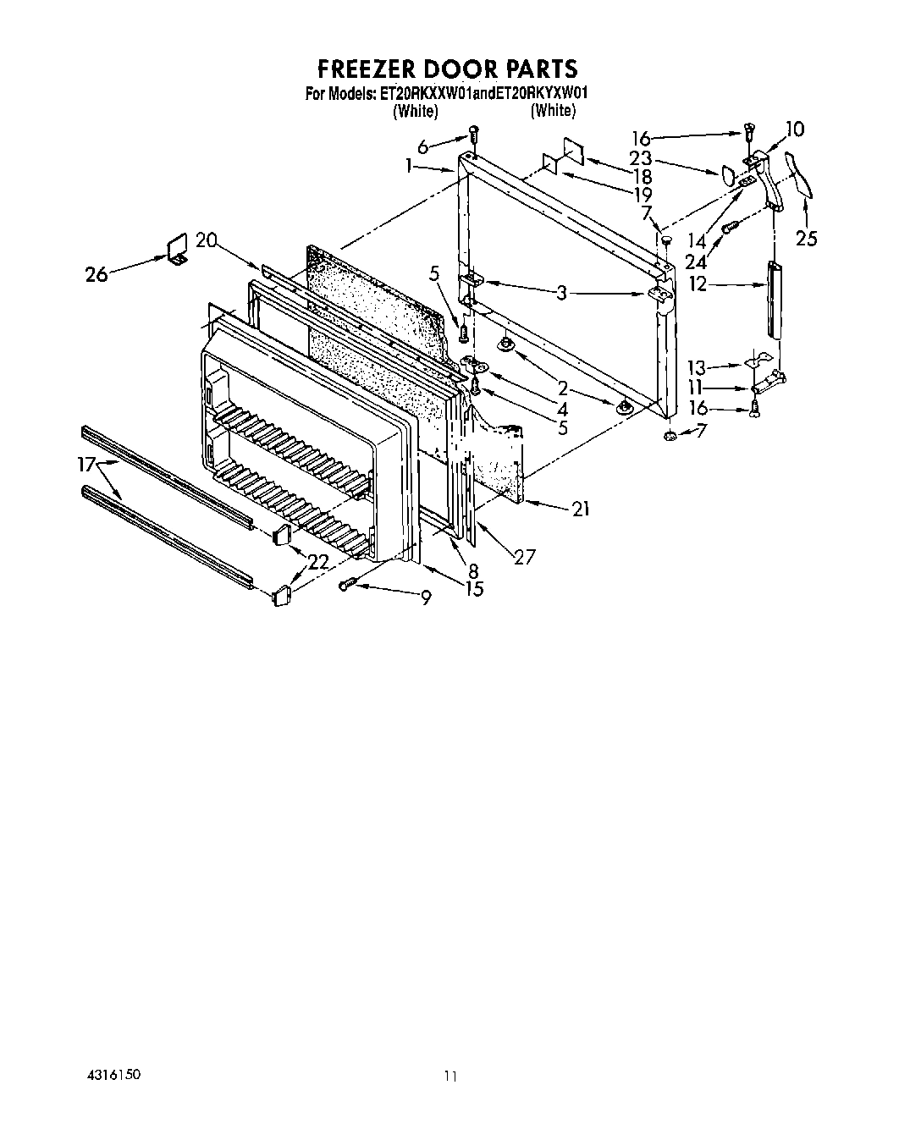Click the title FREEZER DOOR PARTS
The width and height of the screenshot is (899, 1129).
click(447, 68)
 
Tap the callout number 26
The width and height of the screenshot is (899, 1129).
click(97, 274)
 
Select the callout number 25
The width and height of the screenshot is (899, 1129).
click(807, 239)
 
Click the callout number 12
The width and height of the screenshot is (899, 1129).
click(698, 285)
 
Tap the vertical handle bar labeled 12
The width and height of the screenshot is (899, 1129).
click(773, 297)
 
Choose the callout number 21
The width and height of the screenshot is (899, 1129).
click(580, 509)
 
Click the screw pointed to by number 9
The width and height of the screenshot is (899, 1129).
click(347, 585)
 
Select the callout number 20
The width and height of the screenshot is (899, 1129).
click(207, 240)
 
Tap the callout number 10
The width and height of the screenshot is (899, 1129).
click(794, 129)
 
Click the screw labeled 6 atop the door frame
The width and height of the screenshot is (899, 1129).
click(474, 133)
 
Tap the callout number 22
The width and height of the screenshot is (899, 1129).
click(318, 561)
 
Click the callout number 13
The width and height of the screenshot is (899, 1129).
click(696, 367)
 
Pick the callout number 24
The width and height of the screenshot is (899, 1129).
click(695, 261)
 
